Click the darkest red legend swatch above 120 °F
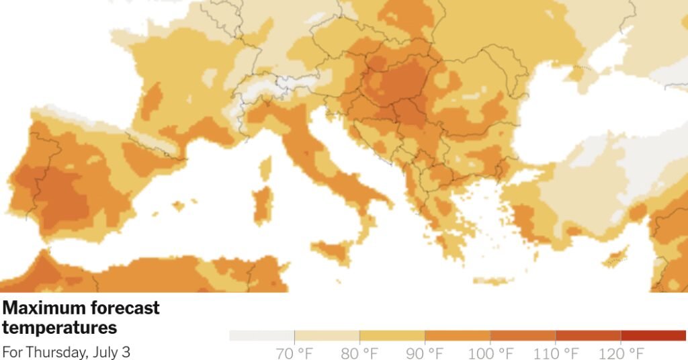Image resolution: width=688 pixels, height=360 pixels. (x=653, y=335)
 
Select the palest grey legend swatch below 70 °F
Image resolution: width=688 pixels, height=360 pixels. (x=261, y=335)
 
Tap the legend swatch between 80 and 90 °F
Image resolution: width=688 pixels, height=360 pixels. (x=392, y=335)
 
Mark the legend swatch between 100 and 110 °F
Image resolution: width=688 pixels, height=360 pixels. (x=522, y=335)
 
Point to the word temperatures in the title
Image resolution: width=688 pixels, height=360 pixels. (x=60, y=328)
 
